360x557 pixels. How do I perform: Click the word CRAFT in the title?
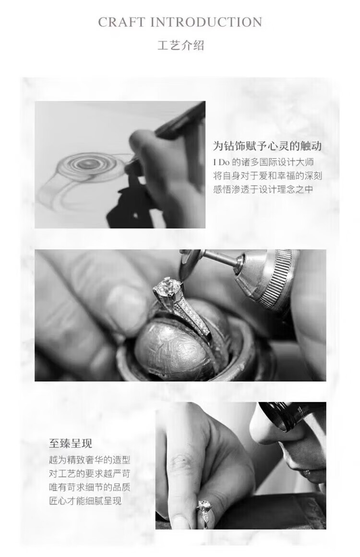click(121, 22)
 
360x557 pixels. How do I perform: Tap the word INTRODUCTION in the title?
click(206, 22)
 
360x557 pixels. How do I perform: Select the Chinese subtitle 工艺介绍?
click(180, 46)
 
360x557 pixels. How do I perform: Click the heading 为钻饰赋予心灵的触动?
click(267, 145)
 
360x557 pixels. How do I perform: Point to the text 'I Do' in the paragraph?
click(221, 162)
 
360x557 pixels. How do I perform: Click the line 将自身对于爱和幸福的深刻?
click(268, 175)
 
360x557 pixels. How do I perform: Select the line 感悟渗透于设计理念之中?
click(263, 189)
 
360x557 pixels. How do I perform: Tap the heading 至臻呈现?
click(71, 443)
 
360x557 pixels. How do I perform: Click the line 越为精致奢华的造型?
click(90, 460)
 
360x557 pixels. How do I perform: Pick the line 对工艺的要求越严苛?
click(90, 473)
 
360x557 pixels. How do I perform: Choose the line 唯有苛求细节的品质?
click(90, 487)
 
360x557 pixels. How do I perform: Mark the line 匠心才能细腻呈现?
click(85, 500)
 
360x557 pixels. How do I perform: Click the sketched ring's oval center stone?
click(85, 164)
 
